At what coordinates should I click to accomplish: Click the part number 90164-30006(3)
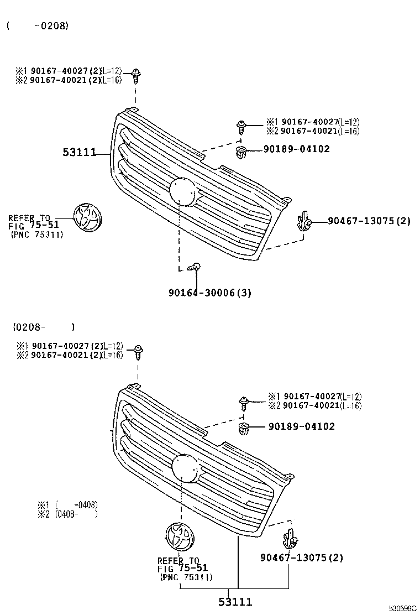point(209,293)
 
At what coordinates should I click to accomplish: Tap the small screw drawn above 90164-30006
point(194,268)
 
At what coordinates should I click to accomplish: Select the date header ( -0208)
point(38,25)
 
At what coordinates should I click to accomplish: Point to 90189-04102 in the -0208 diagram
point(296,149)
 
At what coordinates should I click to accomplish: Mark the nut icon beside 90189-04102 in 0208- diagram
point(243,428)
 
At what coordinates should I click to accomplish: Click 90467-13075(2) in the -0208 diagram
point(369,221)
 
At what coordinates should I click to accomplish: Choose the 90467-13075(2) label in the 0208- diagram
point(302,557)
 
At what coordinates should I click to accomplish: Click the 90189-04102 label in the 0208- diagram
point(302,426)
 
